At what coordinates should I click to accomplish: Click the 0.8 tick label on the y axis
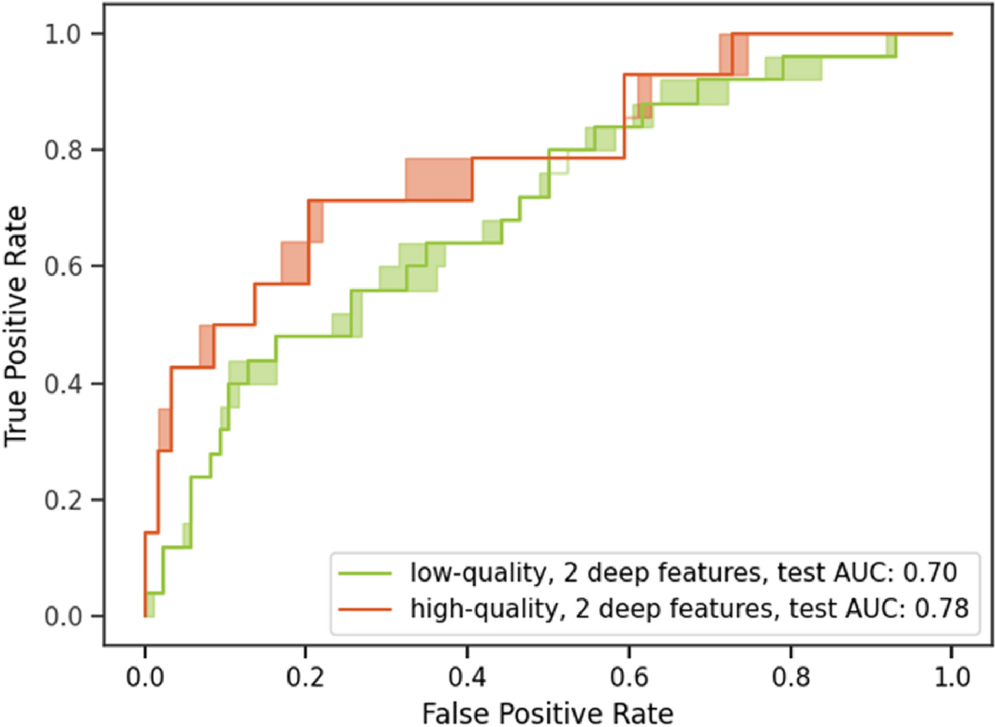click(x=63, y=150)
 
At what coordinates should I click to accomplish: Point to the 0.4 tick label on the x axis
click(x=467, y=677)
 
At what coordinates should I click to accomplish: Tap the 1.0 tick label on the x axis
click(x=951, y=677)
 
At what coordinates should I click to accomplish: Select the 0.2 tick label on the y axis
click(x=63, y=500)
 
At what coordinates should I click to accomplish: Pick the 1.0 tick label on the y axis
click(x=63, y=34)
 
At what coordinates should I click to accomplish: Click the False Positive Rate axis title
click(x=547, y=713)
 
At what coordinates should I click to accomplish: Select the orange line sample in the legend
click(x=365, y=608)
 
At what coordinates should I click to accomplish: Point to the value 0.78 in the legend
click(x=941, y=607)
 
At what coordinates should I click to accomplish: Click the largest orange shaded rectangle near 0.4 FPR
click(x=438, y=179)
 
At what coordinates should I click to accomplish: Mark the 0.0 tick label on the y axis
click(x=63, y=617)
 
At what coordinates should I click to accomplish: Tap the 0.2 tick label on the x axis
click(x=305, y=677)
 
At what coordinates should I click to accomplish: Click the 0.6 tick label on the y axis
click(x=63, y=267)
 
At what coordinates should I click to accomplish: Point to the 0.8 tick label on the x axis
click(x=790, y=677)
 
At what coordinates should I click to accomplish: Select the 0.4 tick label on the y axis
click(x=63, y=384)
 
